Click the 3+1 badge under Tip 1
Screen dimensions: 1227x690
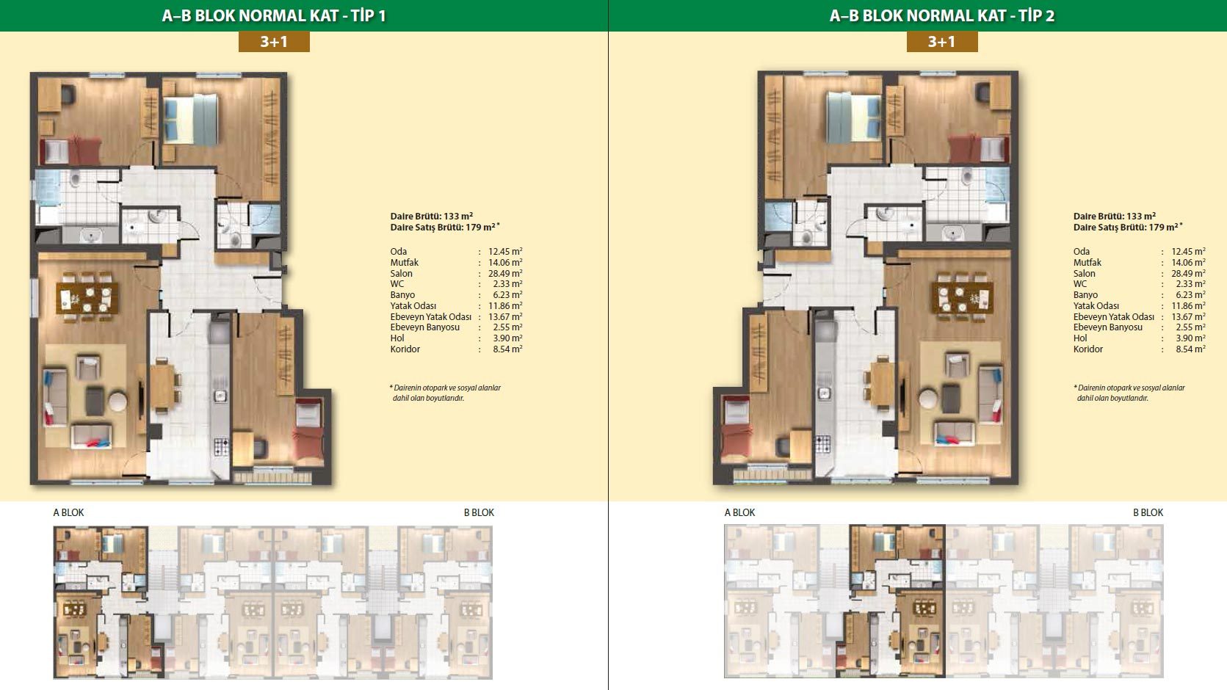click(274, 42)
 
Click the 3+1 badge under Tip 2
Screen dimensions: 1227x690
click(941, 42)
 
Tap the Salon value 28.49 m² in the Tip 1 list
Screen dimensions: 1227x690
click(506, 273)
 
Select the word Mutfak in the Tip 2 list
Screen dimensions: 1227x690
click(1087, 262)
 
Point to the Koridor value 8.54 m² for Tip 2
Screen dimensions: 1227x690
click(1190, 349)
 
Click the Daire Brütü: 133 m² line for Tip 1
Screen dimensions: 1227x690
click(432, 217)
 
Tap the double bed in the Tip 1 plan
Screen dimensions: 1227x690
click(191, 120)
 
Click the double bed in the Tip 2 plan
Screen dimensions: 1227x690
click(854, 117)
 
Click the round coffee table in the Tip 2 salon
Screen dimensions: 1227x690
click(928, 398)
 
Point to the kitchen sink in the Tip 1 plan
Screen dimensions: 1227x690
click(221, 396)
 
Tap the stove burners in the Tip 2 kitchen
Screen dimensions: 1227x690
click(822, 443)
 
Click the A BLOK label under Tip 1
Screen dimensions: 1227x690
click(68, 512)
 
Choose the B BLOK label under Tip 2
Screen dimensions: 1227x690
click(1148, 512)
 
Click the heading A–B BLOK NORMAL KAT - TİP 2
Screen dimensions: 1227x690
click(941, 15)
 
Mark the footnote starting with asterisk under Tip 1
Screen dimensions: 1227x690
click(445, 393)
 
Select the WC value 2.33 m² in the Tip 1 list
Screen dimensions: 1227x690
click(508, 283)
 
